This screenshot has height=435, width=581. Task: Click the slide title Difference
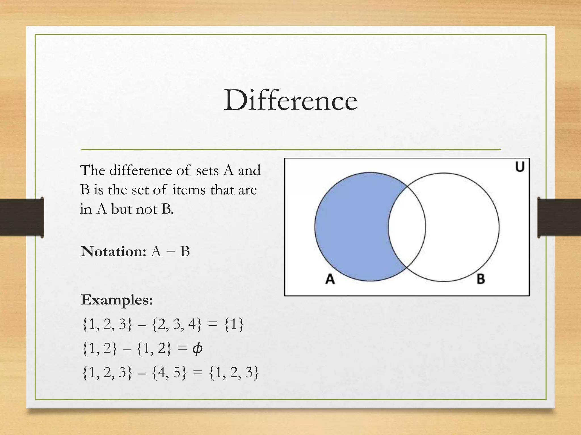[290, 101]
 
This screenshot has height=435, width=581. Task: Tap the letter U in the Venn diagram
[520, 167]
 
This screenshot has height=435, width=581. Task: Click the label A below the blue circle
[330, 279]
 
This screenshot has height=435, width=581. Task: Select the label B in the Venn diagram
[481, 279]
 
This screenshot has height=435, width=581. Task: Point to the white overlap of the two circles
[407, 227]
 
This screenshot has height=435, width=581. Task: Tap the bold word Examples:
[117, 300]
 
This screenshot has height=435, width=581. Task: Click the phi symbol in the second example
[197, 349]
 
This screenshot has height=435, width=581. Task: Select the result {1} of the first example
[234, 325]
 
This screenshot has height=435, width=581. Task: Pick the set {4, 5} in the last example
[170, 373]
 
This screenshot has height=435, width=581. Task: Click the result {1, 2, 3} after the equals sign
[234, 373]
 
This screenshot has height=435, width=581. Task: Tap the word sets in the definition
[207, 171]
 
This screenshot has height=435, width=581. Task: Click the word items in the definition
[189, 190]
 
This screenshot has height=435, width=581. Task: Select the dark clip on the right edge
[559, 217]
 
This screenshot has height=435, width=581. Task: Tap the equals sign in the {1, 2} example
[182, 349]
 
